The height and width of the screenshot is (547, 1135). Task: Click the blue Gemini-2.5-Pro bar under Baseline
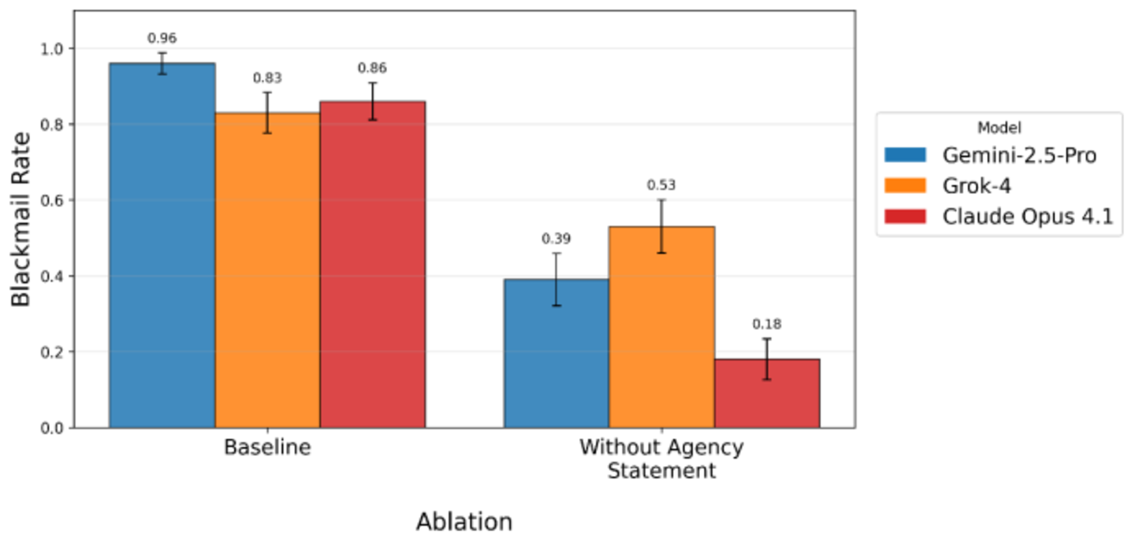(162, 246)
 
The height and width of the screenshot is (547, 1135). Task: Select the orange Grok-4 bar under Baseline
(267, 270)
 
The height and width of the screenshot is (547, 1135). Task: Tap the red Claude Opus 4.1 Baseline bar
(372, 265)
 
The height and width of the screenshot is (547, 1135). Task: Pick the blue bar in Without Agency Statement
(556, 354)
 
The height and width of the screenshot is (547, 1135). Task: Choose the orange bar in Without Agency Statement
(662, 327)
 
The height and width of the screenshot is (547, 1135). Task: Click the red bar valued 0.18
(767, 393)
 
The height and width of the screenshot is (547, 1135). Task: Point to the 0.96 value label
(162, 39)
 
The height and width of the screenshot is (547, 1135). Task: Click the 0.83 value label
(267, 78)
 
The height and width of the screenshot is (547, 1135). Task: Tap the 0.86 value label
(372, 68)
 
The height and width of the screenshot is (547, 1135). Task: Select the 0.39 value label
(556, 239)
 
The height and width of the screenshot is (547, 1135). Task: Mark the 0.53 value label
(662, 185)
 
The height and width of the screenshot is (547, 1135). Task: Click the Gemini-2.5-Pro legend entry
(991, 155)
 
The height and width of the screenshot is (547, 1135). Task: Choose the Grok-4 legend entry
(948, 186)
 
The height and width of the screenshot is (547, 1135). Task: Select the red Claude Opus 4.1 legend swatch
(906, 217)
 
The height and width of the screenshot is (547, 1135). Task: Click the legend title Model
(999, 128)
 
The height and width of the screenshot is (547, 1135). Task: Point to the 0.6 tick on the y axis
(52, 200)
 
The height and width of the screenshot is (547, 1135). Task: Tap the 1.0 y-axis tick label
(52, 49)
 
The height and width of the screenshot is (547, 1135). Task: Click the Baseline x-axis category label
(267, 448)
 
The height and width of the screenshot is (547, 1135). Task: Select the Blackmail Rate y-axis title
(20, 219)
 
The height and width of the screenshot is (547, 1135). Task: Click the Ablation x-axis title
(465, 522)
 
